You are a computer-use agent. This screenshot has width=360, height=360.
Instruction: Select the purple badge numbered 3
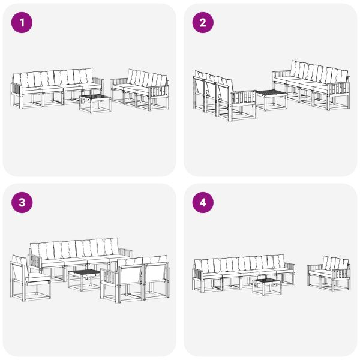click(22, 203)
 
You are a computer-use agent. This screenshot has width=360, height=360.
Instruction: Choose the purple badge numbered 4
click(203, 203)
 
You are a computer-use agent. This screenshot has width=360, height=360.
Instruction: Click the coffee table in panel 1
click(95, 103)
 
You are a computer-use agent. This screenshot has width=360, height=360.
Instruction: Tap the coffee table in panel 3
click(83, 279)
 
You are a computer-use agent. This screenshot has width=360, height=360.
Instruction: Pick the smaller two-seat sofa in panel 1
click(141, 89)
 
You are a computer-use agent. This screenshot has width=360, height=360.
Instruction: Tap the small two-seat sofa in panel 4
click(329, 273)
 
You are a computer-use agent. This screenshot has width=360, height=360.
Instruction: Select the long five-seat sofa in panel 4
click(243, 272)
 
